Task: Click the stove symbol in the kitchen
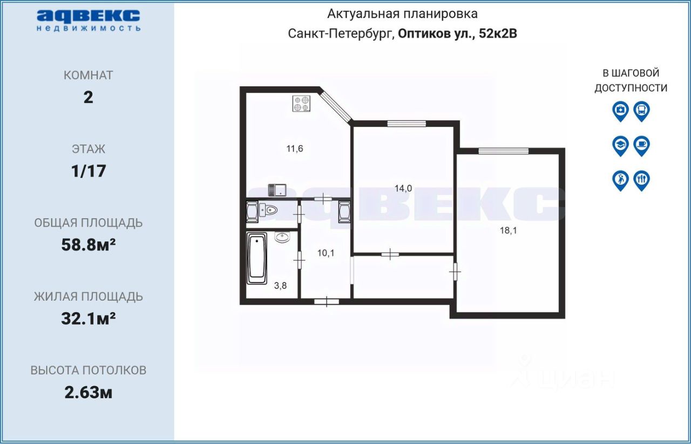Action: point(301,104)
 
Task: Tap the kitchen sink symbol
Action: point(277,190)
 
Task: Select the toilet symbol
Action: point(268,210)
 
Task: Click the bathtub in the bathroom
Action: point(256,258)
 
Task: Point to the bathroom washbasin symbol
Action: point(282,237)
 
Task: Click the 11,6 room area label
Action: point(295,149)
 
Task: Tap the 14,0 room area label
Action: point(403,188)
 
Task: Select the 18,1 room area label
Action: point(509,230)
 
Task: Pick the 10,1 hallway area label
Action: point(326,253)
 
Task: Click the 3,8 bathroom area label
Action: point(280,285)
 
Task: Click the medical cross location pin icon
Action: point(620,111)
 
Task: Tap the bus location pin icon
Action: point(642,111)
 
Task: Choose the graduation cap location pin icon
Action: point(620,146)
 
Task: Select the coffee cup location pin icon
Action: point(642,146)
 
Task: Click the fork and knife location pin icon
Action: point(642,181)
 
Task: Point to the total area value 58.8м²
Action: point(89,245)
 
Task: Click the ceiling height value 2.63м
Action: point(89,393)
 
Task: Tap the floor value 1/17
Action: point(89,171)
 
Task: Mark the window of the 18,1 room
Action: point(504,151)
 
